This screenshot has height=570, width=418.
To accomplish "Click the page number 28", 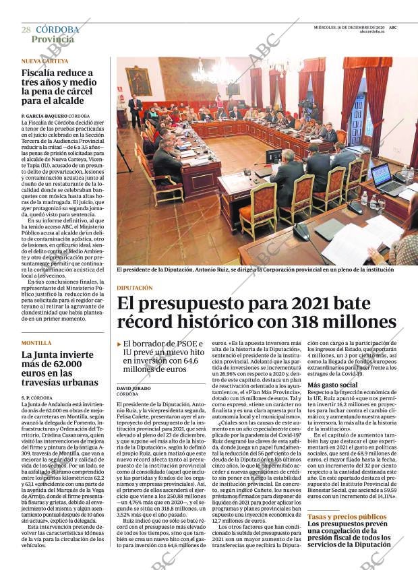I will coord(26,30).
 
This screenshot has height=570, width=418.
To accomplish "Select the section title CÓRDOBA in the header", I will coord(57,30).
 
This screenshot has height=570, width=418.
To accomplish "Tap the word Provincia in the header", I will coord(53,39).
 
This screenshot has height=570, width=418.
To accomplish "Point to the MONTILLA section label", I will coord(36,343).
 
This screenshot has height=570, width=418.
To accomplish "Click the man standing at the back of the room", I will coord(136,110).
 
